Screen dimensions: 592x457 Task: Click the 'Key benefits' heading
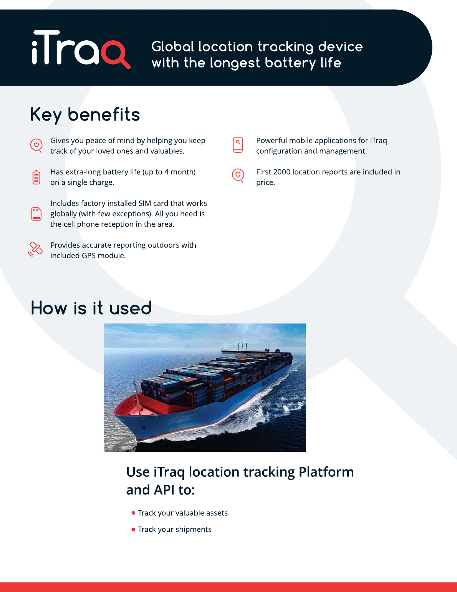[85, 114]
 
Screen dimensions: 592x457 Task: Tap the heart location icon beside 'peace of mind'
[36, 145]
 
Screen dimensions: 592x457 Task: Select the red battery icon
[36, 177]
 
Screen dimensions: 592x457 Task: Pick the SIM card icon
[36, 214]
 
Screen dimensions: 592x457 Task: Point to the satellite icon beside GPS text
[35, 249]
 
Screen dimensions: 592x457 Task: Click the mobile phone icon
[238, 145]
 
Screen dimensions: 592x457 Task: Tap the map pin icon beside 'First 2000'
[238, 175]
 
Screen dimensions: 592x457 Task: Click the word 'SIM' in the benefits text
[144, 203]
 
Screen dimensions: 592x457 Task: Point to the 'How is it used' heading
[91, 308]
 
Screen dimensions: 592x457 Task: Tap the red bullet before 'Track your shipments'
[133, 529]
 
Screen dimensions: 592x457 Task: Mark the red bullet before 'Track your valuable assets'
[133, 513]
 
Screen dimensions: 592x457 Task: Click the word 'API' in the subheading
[164, 490]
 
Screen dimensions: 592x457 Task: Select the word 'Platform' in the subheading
[326, 472]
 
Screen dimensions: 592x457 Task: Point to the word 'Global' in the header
[172, 47]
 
